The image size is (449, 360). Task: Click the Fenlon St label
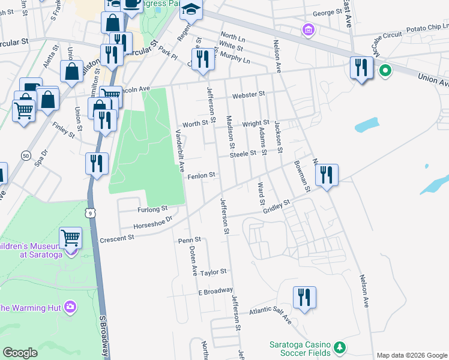[x=201, y=176]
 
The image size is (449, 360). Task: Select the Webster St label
[x=249, y=94]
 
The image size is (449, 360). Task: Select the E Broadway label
[x=215, y=292]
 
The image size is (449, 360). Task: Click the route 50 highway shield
[x=25, y=155]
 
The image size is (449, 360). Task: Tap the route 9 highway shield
[x=89, y=212]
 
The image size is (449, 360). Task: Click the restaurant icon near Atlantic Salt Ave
[x=304, y=297]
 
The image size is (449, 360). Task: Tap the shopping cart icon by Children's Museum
[x=71, y=238]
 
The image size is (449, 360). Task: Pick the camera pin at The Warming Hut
[x=71, y=307]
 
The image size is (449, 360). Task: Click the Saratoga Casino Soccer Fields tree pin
[x=340, y=347]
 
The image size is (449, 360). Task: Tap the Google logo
[x=20, y=353]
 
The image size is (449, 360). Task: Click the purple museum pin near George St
[x=309, y=29]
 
